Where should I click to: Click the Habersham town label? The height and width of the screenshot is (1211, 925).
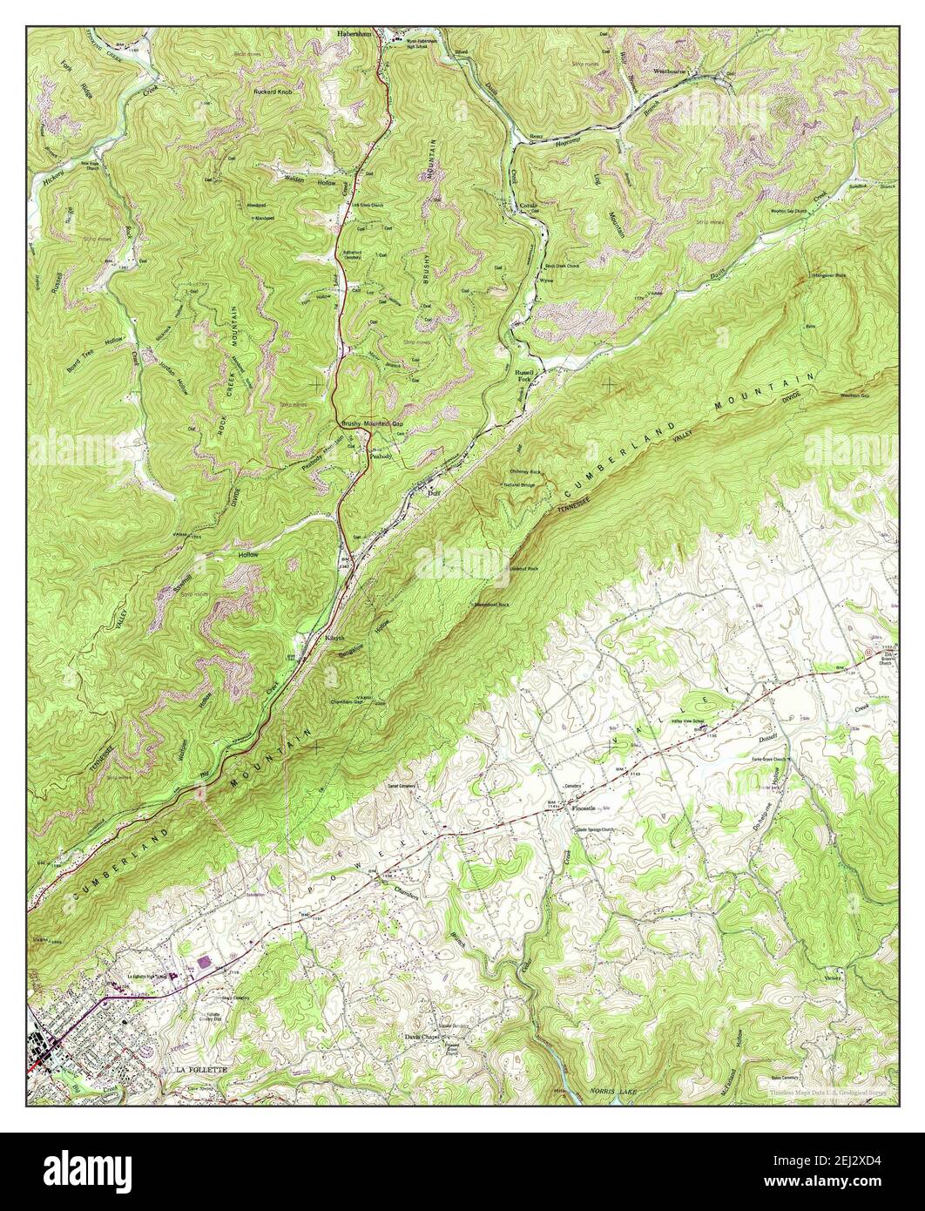point(356,33)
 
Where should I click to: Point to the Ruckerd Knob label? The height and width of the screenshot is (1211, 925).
point(276,91)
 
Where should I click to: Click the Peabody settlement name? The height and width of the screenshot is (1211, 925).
point(381,456)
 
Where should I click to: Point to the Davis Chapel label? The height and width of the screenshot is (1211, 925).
point(423,1037)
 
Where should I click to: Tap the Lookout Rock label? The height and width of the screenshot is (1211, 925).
point(523,569)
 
